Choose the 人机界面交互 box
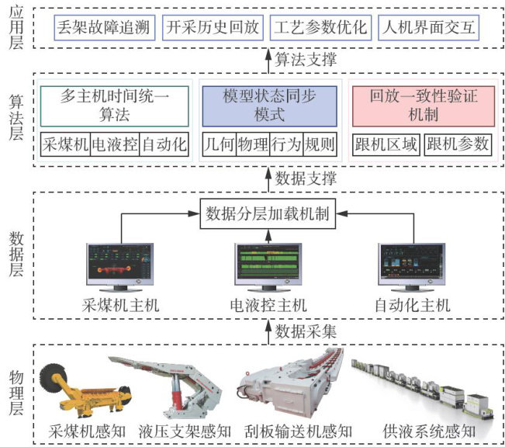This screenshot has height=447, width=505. pyautogui.click(x=429, y=29)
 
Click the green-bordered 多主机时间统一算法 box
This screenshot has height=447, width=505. pyautogui.click(x=115, y=106)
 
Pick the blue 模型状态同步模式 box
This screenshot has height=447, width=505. pyautogui.click(x=269, y=106)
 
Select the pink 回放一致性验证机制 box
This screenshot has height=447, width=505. pyautogui.click(x=423, y=106)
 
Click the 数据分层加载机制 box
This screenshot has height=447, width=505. pyautogui.click(x=269, y=212)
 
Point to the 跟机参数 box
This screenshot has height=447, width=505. pyautogui.click(x=458, y=144)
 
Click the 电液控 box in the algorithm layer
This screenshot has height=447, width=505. pyautogui.click(x=114, y=144)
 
